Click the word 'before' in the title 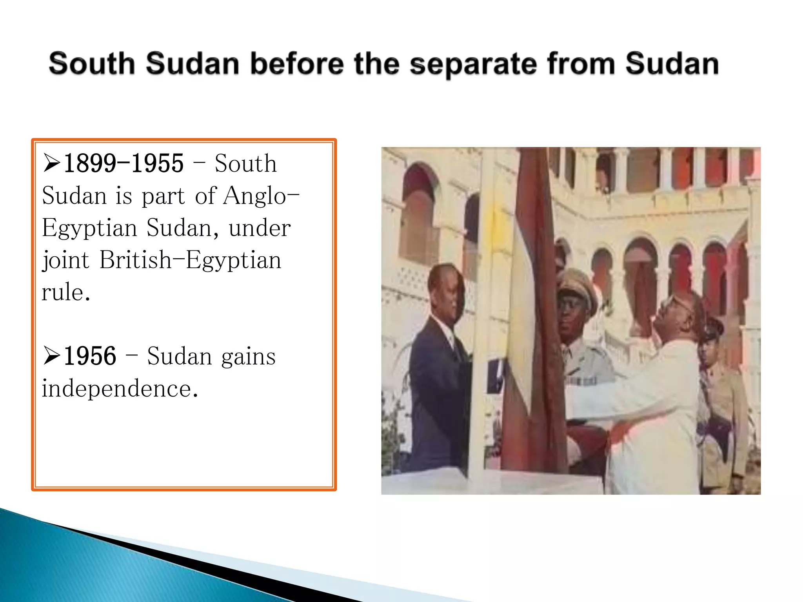(x=297, y=63)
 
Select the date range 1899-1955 (x=124, y=163)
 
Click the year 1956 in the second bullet (x=90, y=356)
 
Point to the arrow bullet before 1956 (x=51, y=356)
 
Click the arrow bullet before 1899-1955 (x=51, y=163)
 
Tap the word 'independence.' (x=120, y=388)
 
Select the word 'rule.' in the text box (x=66, y=292)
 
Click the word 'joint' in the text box (x=65, y=260)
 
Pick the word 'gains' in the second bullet (x=248, y=357)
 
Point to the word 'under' (x=260, y=228)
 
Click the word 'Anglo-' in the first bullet (x=261, y=196)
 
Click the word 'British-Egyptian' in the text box (x=190, y=260)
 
